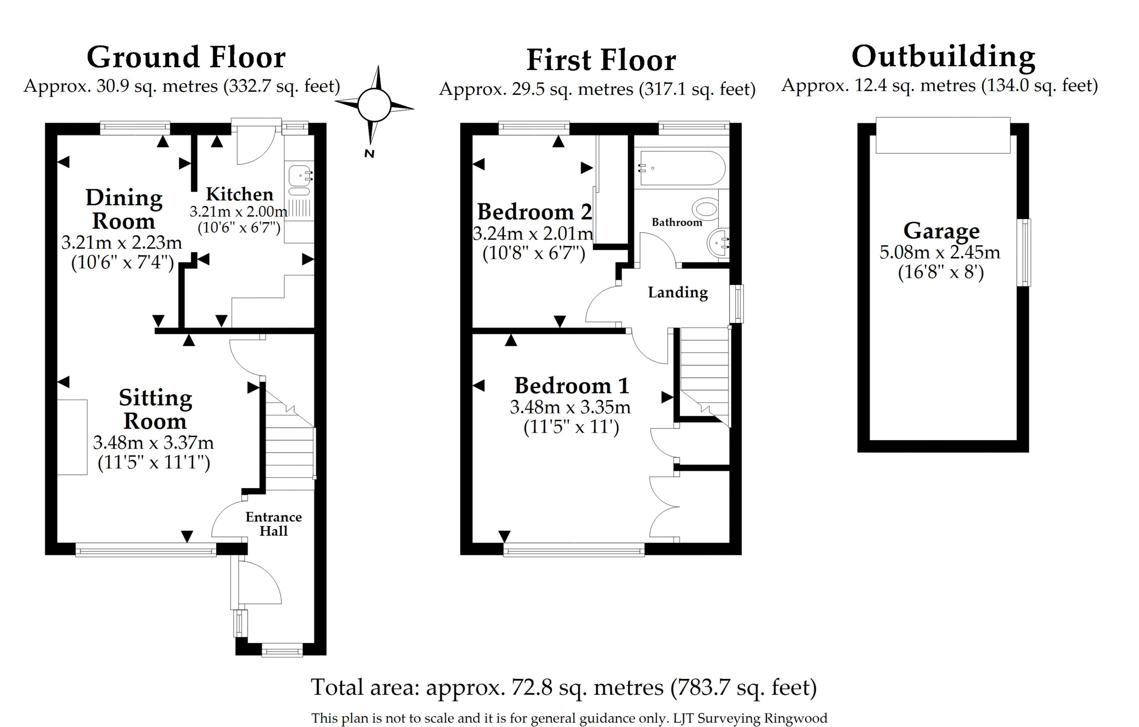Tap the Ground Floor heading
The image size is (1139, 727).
(186, 57)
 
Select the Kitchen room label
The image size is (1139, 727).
(239, 194)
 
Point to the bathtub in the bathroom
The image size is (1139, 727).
(682, 168)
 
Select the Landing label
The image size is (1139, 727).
(678, 292)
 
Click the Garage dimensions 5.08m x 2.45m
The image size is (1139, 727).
(940, 252)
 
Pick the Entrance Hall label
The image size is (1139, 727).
(273, 524)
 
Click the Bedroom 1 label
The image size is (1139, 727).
(572, 385)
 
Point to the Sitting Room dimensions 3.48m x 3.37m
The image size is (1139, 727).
(153, 443)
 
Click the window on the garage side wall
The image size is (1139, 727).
(1024, 252)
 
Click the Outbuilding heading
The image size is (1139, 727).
(943, 57)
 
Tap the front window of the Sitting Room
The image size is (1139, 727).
(146, 550)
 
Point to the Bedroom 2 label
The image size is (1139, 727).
(535, 212)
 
